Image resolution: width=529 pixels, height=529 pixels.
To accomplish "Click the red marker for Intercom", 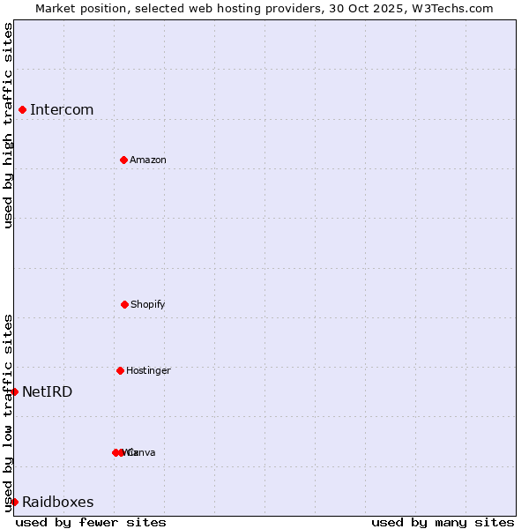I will point(22,109).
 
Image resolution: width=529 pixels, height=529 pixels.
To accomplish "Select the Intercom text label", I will point(62,109).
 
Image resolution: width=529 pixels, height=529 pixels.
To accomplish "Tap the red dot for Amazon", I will point(123,160).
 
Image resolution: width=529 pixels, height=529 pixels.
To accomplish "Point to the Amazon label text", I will point(148,160).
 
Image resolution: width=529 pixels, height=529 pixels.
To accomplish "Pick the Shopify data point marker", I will point(124,304).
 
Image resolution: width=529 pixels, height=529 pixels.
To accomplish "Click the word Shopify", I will point(148,304).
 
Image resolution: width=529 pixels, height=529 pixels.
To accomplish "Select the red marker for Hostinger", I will point(120,370).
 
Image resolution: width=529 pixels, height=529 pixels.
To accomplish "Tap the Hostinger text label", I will point(148,370).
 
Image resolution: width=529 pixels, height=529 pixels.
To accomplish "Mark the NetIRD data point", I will point(14,391).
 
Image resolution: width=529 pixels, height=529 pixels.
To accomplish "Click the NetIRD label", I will point(48,391).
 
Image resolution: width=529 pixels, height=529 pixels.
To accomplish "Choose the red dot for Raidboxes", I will point(14,502).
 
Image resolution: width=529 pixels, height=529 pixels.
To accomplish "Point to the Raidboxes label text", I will point(58,502).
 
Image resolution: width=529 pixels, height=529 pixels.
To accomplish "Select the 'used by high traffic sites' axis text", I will point(8,125).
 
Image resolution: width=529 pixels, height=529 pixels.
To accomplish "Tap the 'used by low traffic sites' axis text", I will point(8,412).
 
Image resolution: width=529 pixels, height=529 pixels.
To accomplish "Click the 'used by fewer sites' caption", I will point(91,522).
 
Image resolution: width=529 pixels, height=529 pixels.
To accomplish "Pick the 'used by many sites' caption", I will point(443,522).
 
